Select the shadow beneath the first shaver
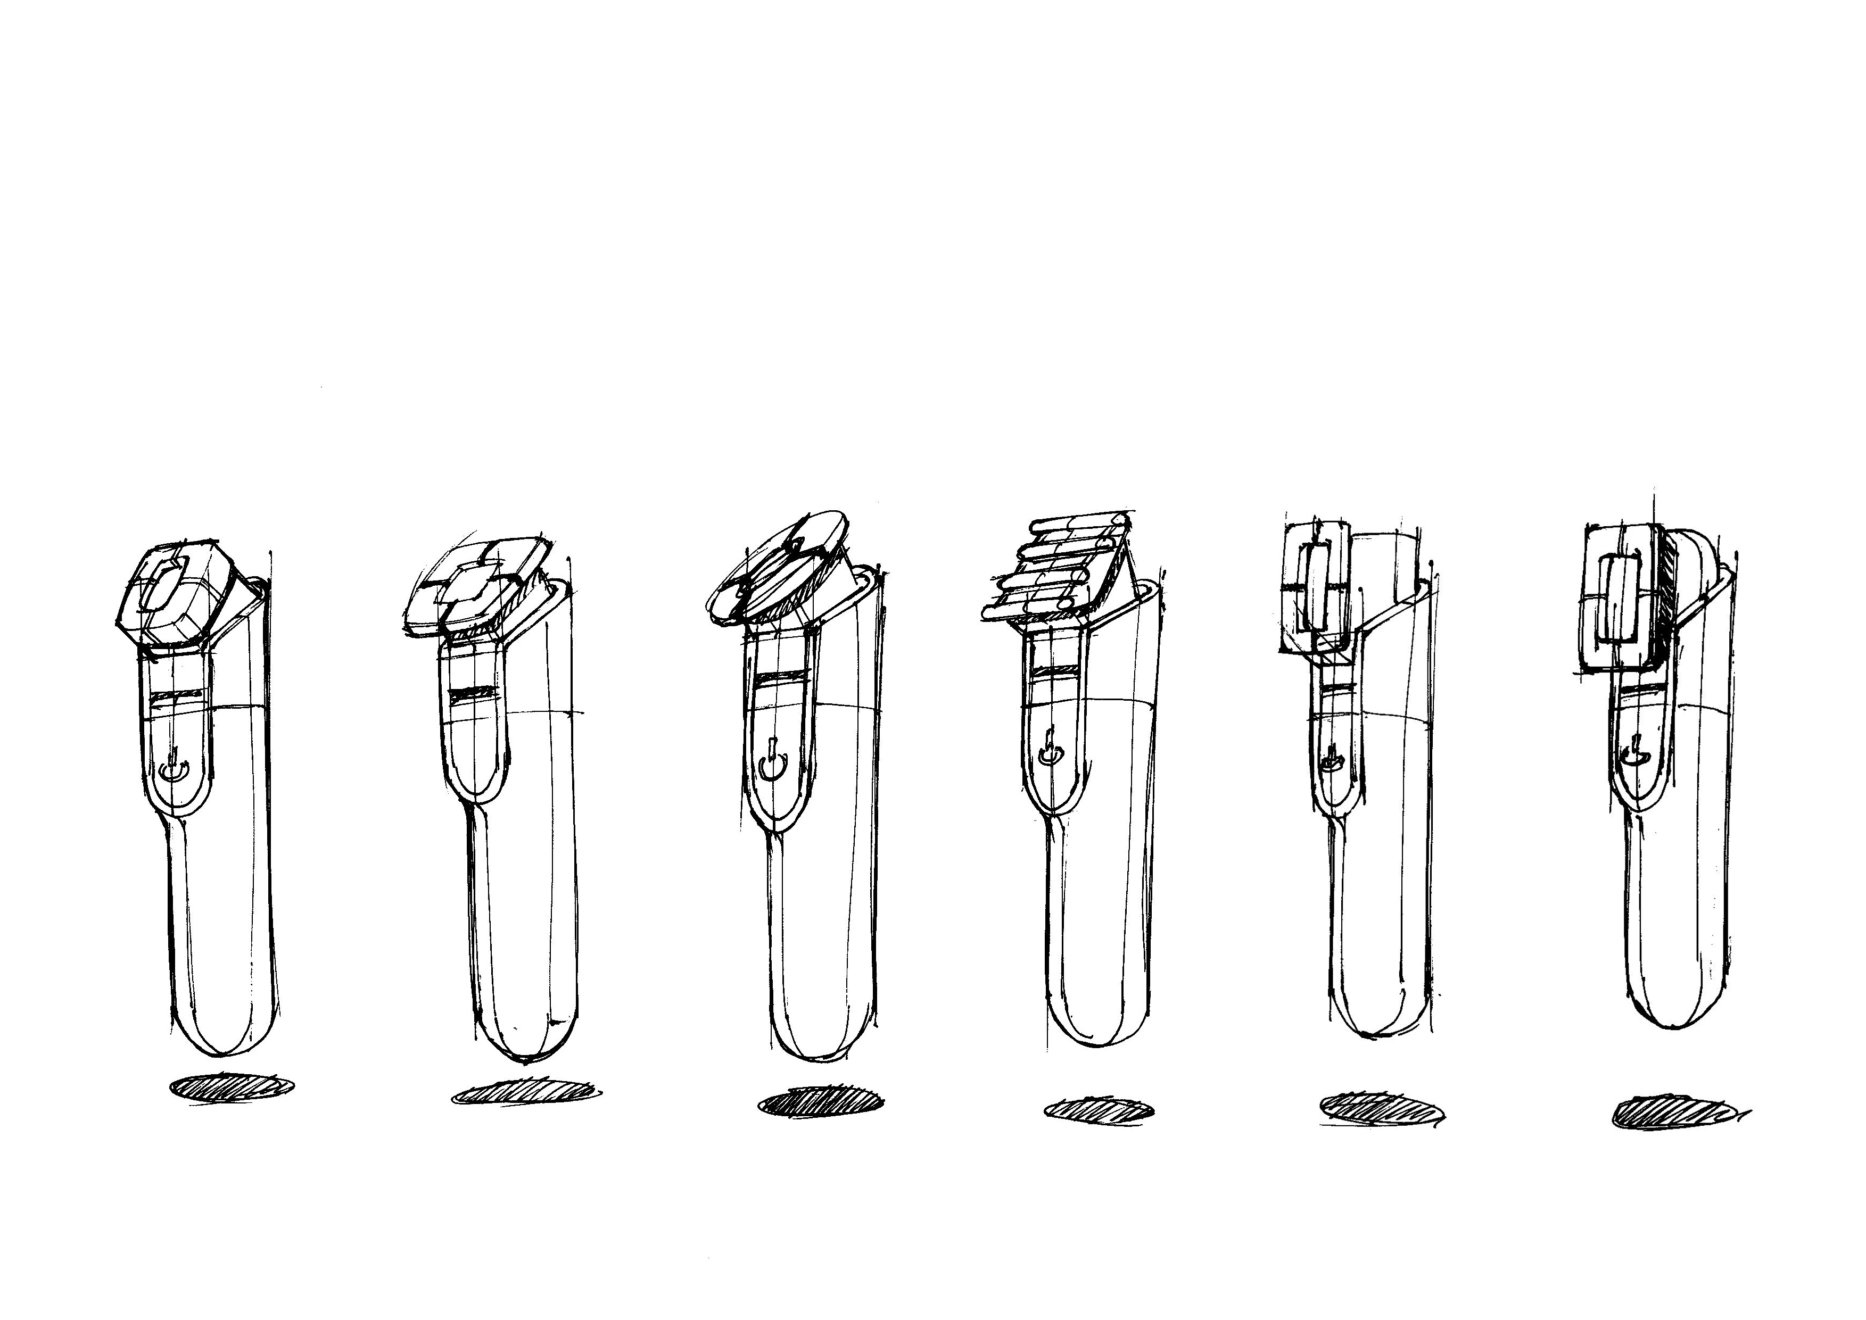click(x=232, y=1087)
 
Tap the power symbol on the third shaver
click(x=771, y=763)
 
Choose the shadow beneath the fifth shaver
click(x=1378, y=1109)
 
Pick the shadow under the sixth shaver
click(x=1675, y=1114)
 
